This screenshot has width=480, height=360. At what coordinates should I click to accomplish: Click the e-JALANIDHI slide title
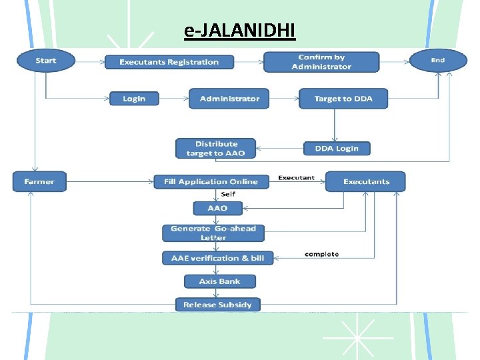tap(239, 31)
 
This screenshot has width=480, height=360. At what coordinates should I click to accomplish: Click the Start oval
tap(45, 61)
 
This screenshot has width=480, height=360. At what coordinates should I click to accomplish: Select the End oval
tap(437, 61)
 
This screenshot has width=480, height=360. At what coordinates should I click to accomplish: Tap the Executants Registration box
tap(169, 62)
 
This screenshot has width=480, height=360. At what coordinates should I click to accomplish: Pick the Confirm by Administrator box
tap(321, 62)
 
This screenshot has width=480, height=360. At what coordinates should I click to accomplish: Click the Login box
tap(134, 99)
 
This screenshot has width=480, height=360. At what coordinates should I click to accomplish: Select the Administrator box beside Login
tap(229, 99)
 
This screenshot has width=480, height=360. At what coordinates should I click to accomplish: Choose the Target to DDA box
tap(343, 99)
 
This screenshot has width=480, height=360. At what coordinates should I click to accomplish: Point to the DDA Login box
tap(337, 149)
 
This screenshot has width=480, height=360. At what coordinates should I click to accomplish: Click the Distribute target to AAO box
tap(216, 149)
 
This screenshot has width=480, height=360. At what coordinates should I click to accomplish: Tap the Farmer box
tap(39, 181)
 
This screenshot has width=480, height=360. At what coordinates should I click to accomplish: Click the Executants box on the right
tap(366, 181)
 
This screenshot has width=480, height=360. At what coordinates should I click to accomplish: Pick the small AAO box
tap(217, 208)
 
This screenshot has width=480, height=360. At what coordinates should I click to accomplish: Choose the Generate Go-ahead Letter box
tap(213, 233)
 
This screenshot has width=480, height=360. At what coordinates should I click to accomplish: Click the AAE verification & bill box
tap(218, 258)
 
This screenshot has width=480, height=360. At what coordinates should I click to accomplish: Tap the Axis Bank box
tap(220, 281)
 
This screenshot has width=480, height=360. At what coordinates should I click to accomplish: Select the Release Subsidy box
tap(218, 305)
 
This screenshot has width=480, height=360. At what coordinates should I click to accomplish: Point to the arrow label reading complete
tap(321, 254)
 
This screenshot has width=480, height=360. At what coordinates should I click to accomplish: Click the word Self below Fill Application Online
tap(227, 194)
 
